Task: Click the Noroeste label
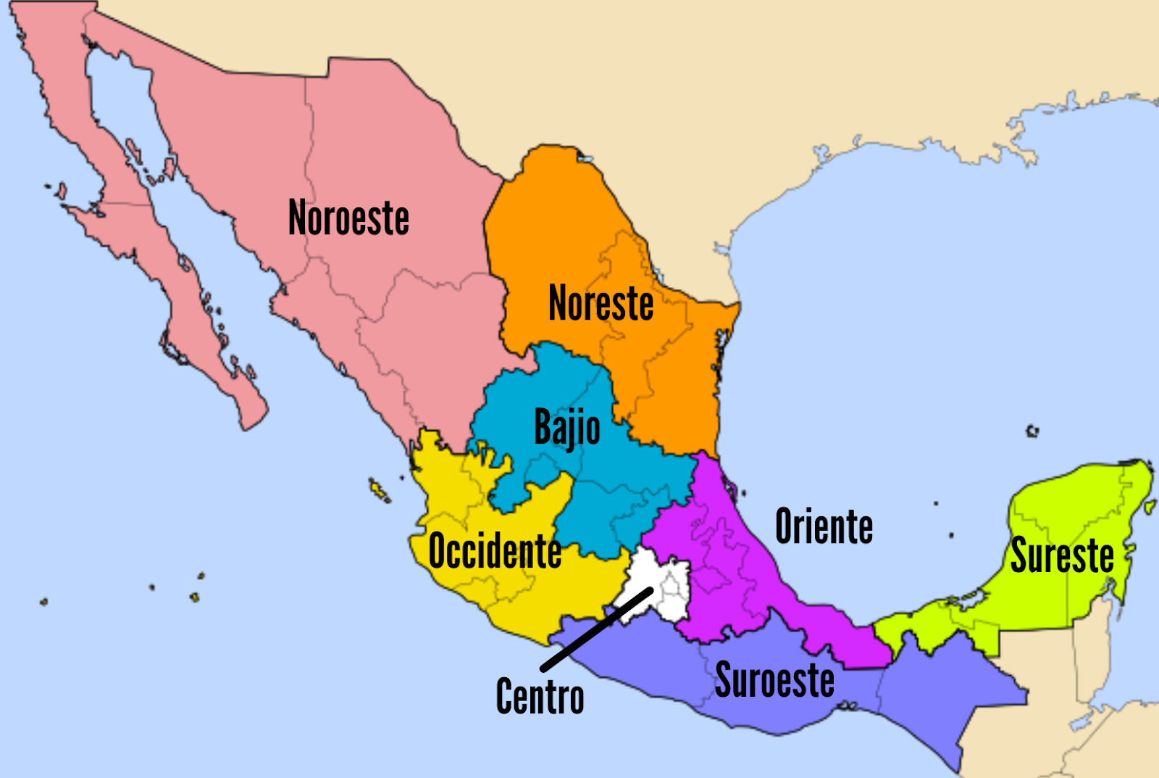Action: (x=348, y=218)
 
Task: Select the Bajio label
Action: (x=566, y=428)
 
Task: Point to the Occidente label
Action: (x=495, y=551)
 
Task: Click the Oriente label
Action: (x=824, y=526)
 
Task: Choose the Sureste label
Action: (x=1062, y=556)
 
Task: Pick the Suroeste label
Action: (x=774, y=680)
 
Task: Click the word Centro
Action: (x=540, y=697)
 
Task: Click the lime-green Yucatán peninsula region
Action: (x=1072, y=508)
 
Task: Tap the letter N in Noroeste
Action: (x=297, y=218)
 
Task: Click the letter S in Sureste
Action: (x=1019, y=556)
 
